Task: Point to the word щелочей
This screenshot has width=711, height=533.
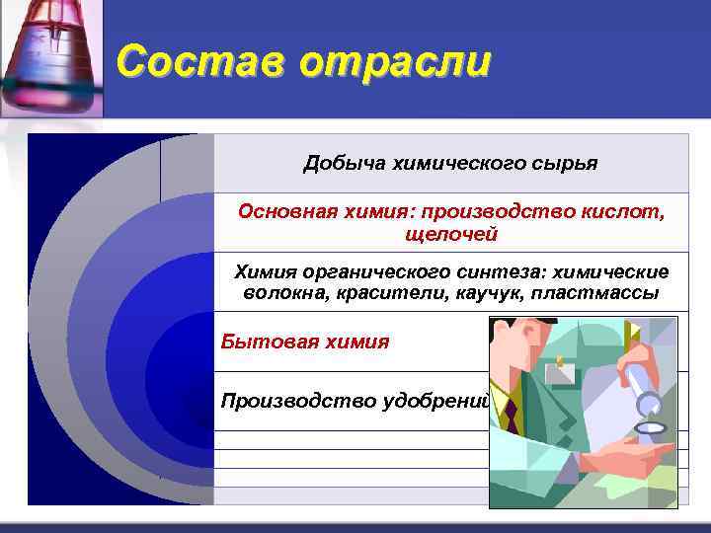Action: tap(451, 234)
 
